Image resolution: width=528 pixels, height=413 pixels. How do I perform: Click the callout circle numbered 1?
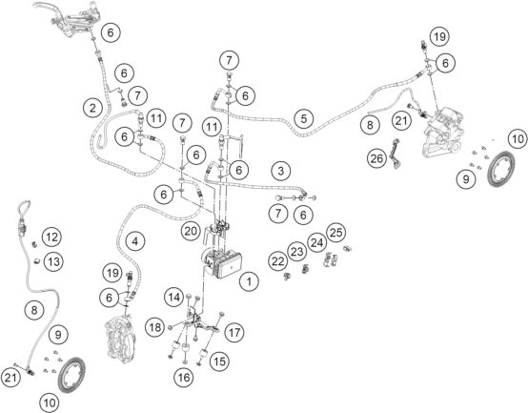[x=249, y=281]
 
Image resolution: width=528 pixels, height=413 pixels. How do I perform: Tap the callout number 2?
[x=92, y=108]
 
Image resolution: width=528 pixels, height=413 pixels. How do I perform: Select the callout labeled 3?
[x=281, y=171]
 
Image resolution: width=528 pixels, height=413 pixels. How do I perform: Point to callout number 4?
[x=135, y=241]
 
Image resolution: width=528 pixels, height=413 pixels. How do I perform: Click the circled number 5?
[x=304, y=118]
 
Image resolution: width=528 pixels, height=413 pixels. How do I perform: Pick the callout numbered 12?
[x=51, y=237]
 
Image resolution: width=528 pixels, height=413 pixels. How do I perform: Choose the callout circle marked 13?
[x=53, y=261]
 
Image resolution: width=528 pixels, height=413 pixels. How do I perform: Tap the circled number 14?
[x=174, y=298]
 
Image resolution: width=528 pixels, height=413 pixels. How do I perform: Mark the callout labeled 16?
[x=184, y=378]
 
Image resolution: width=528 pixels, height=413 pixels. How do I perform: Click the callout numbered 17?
[x=234, y=333]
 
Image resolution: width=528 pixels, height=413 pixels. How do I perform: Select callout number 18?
[x=155, y=327]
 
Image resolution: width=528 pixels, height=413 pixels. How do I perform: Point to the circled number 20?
[x=191, y=231]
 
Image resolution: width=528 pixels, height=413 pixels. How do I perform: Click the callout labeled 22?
[x=277, y=261]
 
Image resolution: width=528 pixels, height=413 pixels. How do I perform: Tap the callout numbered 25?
[x=336, y=233]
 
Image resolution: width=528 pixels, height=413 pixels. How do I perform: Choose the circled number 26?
[x=376, y=158]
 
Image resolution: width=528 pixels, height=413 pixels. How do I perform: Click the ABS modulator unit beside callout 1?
[x=221, y=262]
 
